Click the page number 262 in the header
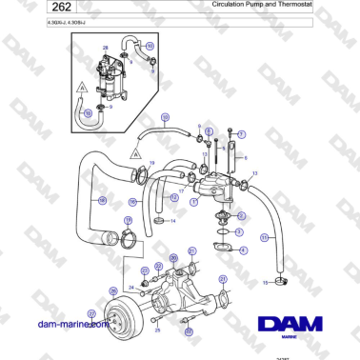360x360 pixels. [x=30, y=9]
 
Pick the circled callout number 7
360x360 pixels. [x=242, y=134]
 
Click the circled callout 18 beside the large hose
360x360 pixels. [x=103, y=201]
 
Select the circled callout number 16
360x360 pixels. [x=133, y=202]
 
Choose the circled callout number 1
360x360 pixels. [x=193, y=201]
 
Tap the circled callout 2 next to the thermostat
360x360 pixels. [x=242, y=216]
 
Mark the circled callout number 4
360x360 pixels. [x=243, y=250]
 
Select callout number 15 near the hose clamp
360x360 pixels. [x=265, y=283]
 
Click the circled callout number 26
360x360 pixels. [x=113, y=291]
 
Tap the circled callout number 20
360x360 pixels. [x=172, y=258]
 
